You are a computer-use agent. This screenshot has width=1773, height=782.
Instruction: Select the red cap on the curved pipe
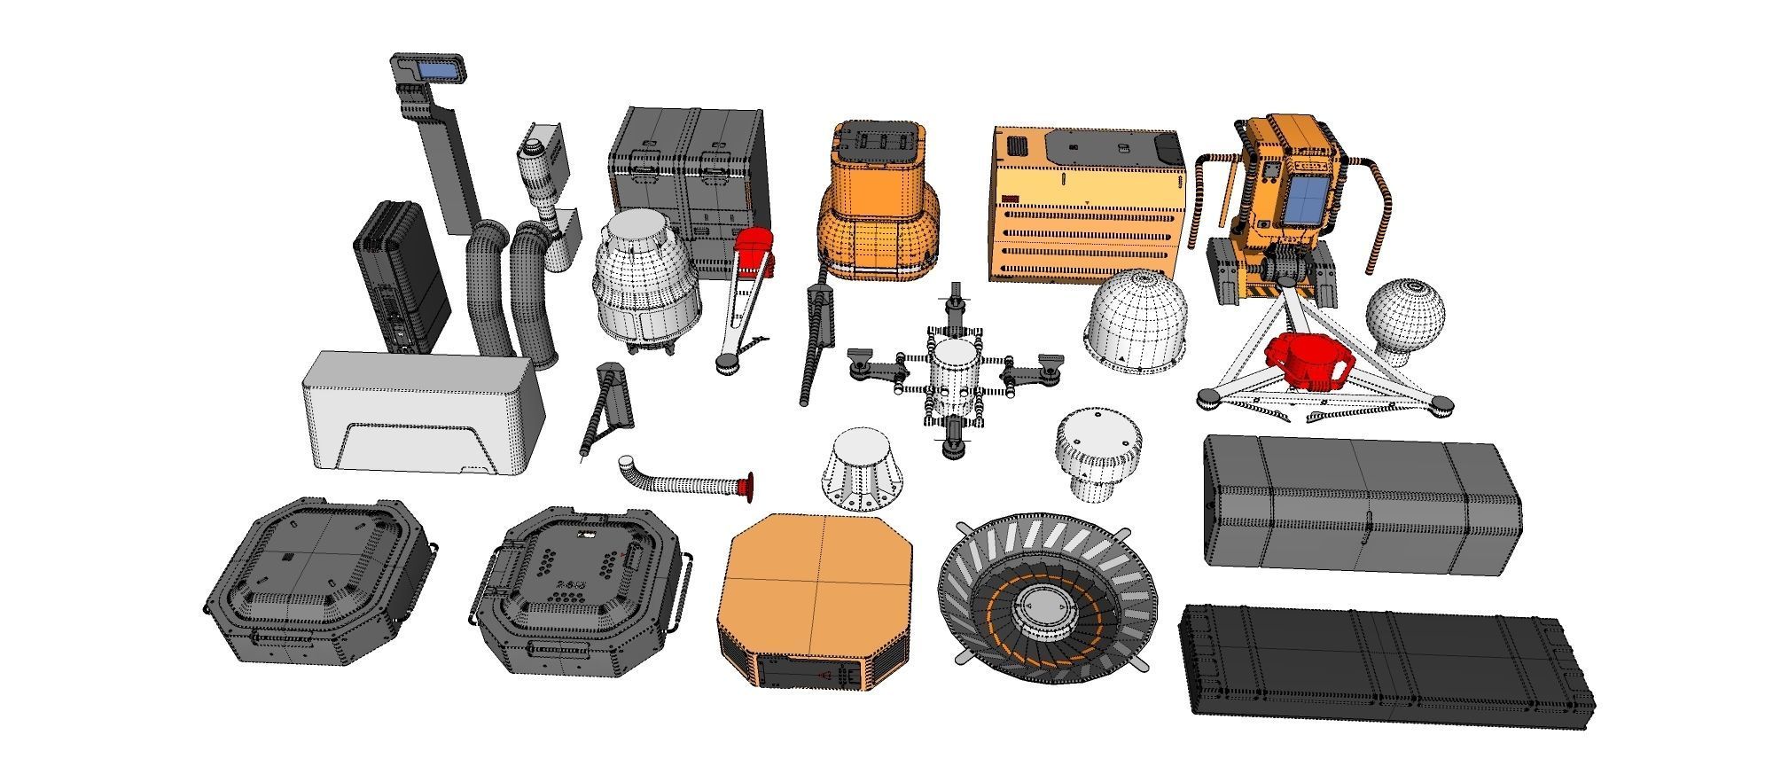(x=749, y=484)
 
